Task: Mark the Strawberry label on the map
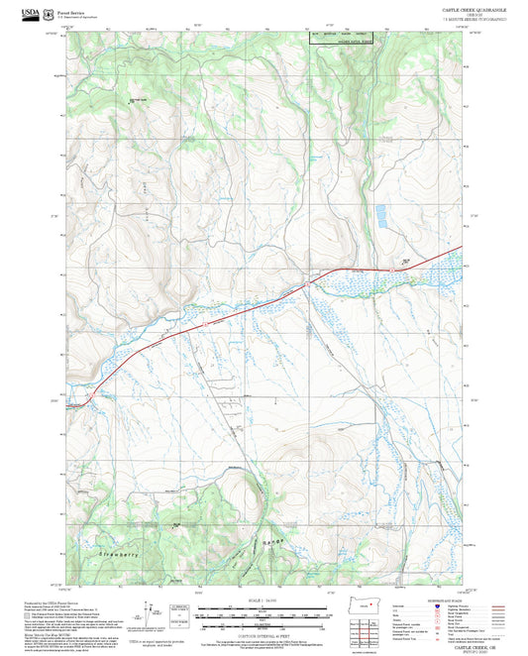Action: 118,553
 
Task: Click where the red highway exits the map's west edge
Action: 65,404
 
